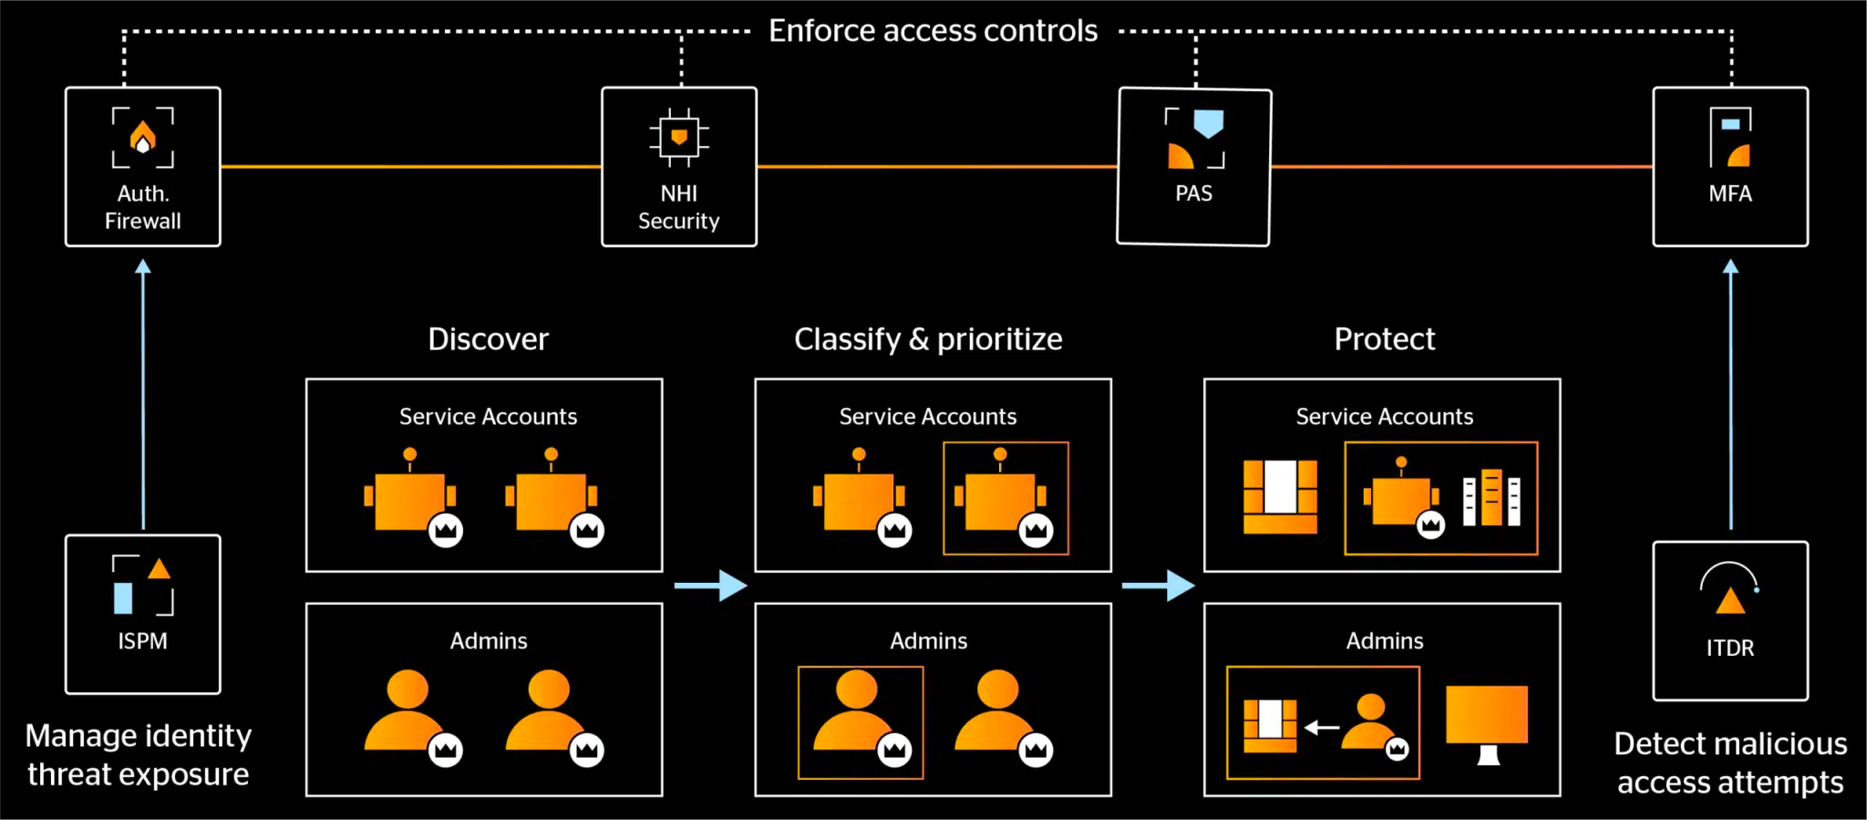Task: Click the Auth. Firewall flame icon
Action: click(142, 138)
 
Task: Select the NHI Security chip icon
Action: click(679, 138)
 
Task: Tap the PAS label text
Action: click(1193, 193)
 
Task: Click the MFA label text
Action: click(1730, 193)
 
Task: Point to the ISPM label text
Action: click(142, 641)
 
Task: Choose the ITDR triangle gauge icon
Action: click(1729, 587)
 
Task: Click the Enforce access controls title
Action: click(933, 31)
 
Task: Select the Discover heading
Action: click(489, 339)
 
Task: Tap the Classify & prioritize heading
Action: click(928, 339)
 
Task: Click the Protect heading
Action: click(1384, 339)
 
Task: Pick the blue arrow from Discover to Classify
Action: click(711, 586)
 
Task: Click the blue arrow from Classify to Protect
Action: click(1158, 586)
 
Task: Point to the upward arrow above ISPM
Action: click(143, 394)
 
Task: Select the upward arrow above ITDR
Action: click(1730, 394)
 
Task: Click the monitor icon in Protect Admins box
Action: click(1487, 724)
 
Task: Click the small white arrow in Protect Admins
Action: click(1322, 727)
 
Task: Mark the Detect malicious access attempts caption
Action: click(1730, 763)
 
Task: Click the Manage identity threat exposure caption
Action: click(139, 755)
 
